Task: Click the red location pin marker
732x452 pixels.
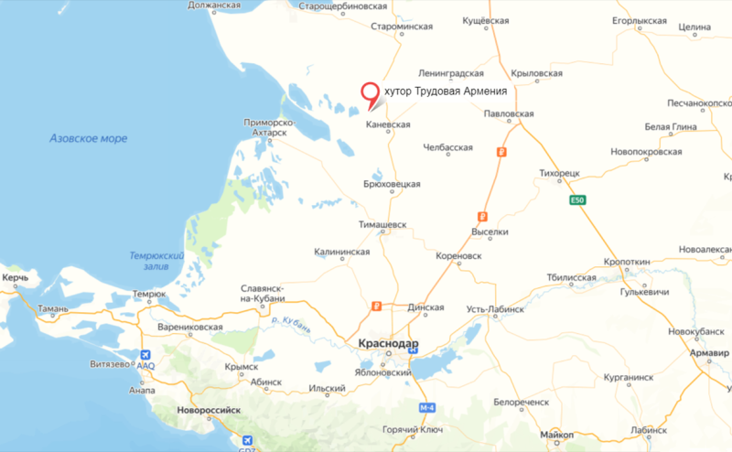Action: pos(371,94)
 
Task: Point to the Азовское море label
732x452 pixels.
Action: pos(89,138)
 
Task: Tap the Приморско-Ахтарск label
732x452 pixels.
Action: pos(266,126)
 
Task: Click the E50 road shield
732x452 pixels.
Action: pos(576,200)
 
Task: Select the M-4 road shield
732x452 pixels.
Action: pos(426,406)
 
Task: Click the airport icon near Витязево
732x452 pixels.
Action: pos(145,353)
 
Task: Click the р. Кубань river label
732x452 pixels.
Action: pos(291,321)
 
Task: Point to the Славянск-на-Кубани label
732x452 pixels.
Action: pos(263,292)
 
